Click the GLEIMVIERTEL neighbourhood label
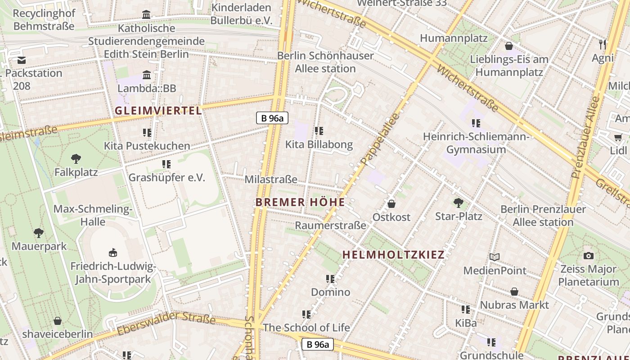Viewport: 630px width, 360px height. coord(158,111)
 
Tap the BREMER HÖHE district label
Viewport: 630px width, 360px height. coord(300,202)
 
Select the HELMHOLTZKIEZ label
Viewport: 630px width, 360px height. coord(393,255)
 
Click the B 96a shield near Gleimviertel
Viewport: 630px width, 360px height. coord(272,118)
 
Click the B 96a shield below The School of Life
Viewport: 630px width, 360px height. coord(317,345)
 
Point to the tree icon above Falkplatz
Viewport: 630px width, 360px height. coord(76,158)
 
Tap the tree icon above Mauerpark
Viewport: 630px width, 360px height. coord(39,233)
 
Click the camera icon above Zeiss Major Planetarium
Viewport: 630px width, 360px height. coord(588,256)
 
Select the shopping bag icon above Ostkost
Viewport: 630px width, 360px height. coord(391,204)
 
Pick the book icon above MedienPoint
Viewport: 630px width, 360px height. coord(495,257)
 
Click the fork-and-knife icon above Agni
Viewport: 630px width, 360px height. coord(603,44)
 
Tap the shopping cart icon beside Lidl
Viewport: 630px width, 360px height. coord(617,137)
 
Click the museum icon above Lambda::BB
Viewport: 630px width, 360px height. coord(147,75)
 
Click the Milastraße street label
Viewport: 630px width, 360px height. coord(271,180)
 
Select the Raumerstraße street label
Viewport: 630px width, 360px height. coord(330,225)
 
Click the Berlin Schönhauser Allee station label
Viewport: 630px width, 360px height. coord(325,62)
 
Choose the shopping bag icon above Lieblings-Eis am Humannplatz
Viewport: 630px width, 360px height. coord(509,46)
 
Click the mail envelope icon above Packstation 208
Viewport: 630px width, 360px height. coord(21,60)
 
